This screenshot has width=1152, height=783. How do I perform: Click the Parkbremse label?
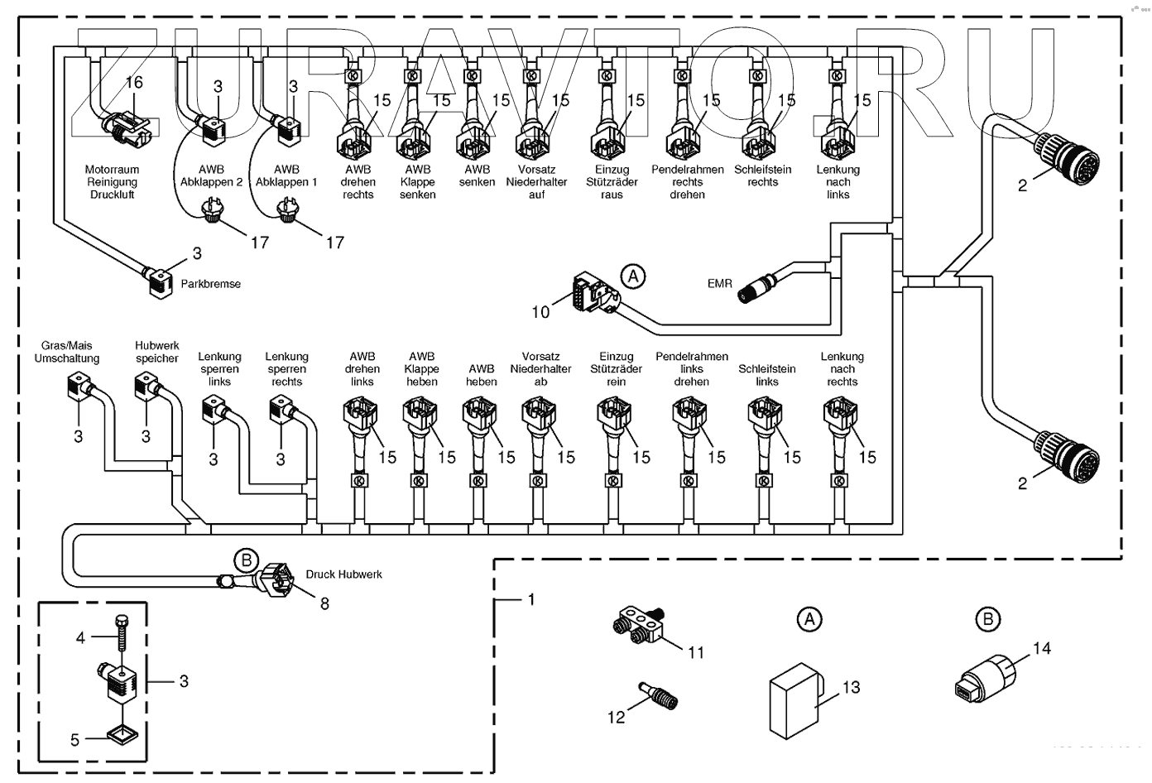tap(211, 284)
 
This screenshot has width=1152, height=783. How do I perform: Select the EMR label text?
tap(719, 283)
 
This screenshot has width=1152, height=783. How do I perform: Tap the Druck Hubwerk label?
tap(343, 574)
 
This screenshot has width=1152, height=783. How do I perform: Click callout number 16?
tap(134, 82)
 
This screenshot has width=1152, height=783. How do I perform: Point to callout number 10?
tap(540, 311)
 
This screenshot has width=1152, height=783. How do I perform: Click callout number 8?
tap(324, 604)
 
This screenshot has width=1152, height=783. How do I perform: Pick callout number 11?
tap(696, 652)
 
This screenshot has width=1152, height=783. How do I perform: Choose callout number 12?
tap(616, 717)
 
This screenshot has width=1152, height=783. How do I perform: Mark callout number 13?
tap(851, 687)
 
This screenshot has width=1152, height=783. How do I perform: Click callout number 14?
tap(1041, 648)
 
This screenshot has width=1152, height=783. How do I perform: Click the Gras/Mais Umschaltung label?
tap(67, 352)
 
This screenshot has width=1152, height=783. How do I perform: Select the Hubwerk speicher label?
tap(157, 352)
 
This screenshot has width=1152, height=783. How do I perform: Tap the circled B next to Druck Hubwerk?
tap(246, 560)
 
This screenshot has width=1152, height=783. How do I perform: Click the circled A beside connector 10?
tap(632, 276)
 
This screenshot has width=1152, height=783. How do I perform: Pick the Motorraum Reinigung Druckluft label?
tap(112, 182)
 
